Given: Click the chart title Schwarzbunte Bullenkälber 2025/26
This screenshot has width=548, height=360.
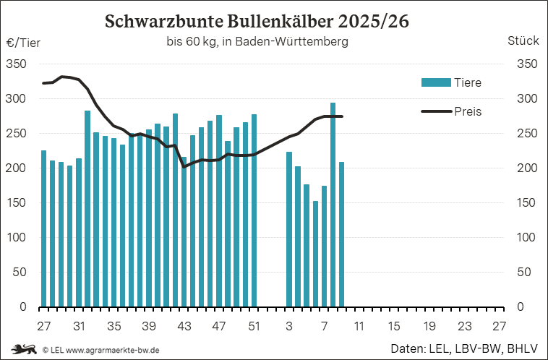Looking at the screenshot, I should click(x=257, y=21).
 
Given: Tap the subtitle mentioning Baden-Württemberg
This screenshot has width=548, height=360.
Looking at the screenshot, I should click(x=257, y=42).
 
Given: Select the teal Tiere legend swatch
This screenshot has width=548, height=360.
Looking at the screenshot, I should click(x=435, y=82).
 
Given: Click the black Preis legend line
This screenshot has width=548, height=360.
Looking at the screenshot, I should click(x=435, y=111).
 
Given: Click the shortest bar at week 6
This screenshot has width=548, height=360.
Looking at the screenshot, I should click(x=315, y=254).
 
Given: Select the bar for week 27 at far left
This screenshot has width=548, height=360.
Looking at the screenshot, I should click(x=43, y=228).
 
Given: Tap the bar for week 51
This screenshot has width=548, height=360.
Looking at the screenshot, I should click(x=254, y=210).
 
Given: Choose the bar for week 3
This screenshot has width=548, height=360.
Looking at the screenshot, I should click(x=289, y=229).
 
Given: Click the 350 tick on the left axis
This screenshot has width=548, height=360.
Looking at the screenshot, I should click(x=17, y=64).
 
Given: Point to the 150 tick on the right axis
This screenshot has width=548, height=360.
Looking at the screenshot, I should click(x=527, y=203).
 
